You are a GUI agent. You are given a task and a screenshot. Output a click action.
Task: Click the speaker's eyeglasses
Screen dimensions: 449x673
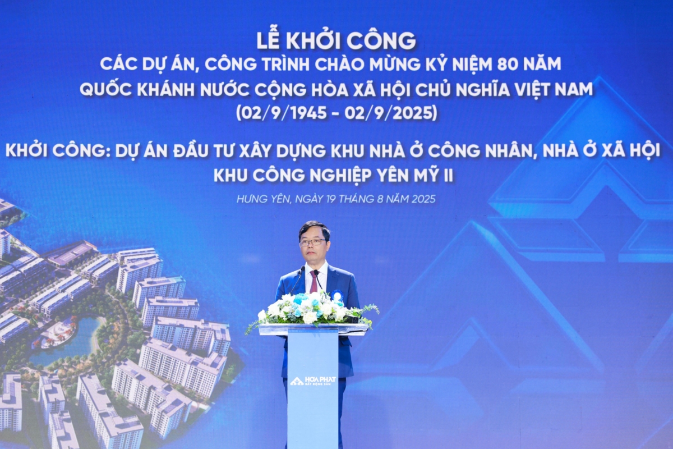point(312,242)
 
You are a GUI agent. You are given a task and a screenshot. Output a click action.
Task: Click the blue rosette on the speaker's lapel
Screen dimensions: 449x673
point(337,295)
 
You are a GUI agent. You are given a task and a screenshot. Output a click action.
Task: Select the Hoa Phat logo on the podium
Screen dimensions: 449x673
point(313,381)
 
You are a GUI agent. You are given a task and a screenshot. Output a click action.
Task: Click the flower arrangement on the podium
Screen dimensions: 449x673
point(312,309)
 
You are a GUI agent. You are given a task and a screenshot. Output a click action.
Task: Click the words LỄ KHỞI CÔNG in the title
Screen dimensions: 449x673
point(336,40)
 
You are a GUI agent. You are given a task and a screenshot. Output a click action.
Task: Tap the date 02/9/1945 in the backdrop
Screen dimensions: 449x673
point(282,113)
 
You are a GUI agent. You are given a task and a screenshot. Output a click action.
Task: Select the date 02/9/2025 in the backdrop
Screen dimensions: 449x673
point(391,113)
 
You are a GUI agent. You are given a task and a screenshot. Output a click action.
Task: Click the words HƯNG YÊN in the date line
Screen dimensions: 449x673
point(261,199)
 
